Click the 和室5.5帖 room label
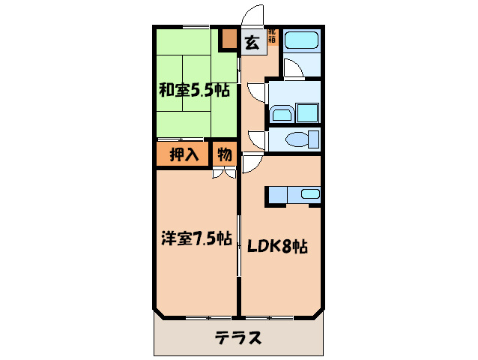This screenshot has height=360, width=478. [x=193, y=91]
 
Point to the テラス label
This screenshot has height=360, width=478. [x=238, y=337]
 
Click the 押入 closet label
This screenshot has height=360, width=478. [x=184, y=155]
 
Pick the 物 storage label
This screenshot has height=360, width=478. [x=223, y=155]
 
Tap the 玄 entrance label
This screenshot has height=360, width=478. [x=252, y=43]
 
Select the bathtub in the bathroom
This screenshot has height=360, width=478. [x=301, y=40]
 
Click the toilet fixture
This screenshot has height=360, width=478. [x=304, y=139]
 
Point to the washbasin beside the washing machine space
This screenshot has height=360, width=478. [x=282, y=113]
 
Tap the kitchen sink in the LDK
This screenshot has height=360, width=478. [x=309, y=195]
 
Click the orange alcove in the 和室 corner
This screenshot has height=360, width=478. [x=228, y=39]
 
